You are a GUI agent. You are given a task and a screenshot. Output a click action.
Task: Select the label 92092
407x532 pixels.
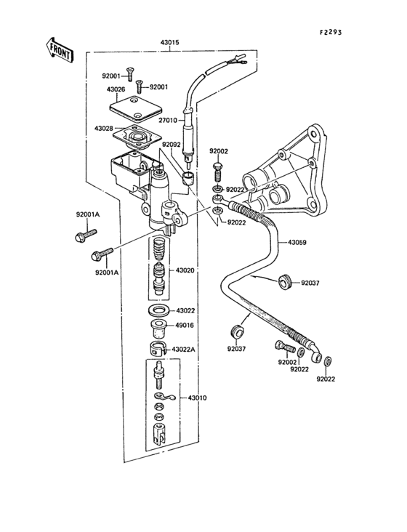point(172,145)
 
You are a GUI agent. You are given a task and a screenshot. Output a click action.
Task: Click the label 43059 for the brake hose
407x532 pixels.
point(297,243)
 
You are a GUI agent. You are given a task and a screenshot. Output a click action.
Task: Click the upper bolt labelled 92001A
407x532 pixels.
point(84,235)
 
